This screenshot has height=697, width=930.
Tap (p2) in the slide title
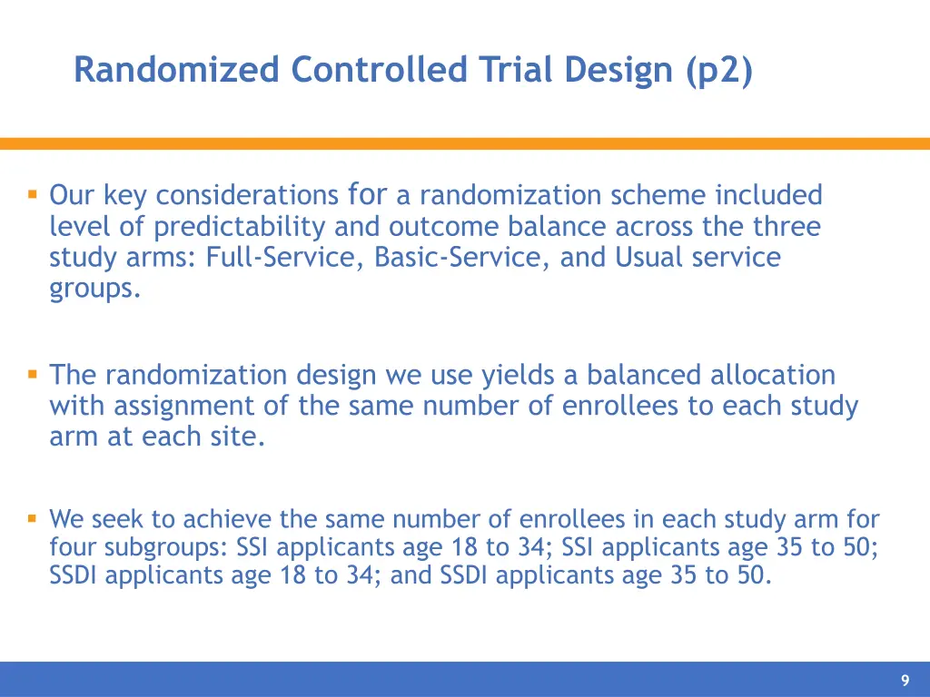coord(719,70)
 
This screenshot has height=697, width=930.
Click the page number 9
coord(905,681)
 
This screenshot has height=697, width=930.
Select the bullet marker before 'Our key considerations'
coord(32,193)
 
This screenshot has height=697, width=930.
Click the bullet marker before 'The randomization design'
coord(32,373)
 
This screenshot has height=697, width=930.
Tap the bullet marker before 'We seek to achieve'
coord(32,518)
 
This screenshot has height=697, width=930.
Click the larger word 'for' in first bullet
coord(368,193)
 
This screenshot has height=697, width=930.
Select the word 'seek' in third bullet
coord(119,519)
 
